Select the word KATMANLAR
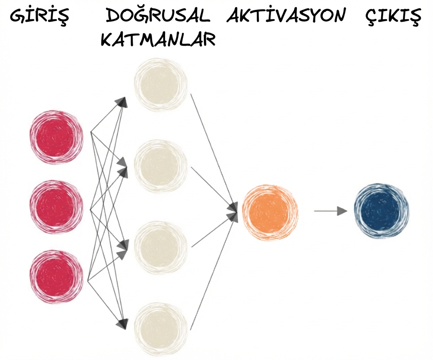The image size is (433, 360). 158,39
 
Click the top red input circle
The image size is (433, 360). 56,137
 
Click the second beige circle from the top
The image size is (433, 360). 160,166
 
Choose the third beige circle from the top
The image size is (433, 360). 160,247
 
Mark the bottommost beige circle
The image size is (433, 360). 160,329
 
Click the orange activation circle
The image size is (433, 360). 270,212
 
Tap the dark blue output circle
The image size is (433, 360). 381,211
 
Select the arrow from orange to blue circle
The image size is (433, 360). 330,211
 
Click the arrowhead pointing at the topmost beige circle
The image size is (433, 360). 122,102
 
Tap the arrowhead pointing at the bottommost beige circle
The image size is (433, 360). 122,324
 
